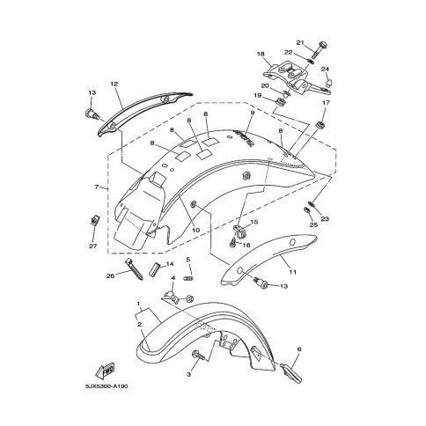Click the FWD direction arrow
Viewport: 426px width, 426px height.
(x=105, y=371)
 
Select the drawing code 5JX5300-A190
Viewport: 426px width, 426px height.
(x=106, y=386)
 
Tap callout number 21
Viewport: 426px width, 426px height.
(x=300, y=42)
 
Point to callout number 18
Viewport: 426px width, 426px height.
(x=261, y=54)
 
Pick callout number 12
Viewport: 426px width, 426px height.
(x=114, y=84)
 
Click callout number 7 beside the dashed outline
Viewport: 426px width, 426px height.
(x=97, y=187)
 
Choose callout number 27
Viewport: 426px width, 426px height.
(x=93, y=246)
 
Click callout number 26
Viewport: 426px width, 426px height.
(x=110, y=275)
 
